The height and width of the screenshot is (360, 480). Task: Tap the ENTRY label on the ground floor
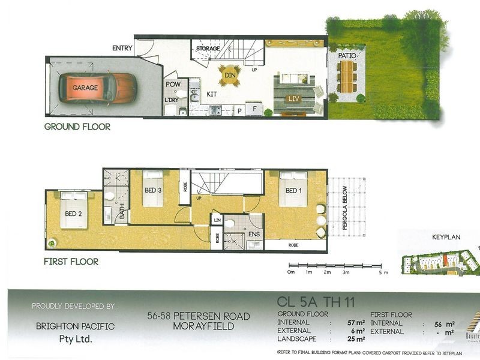point(123,48)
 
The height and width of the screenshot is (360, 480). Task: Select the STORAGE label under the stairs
point(208,48)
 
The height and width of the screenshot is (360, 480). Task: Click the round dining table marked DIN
point(229,76)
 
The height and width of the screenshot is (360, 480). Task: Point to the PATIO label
point(347,55)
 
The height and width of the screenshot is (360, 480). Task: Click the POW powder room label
point(173,85)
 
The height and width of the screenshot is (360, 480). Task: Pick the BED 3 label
point(154,190)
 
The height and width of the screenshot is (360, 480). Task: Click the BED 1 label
point(294,191)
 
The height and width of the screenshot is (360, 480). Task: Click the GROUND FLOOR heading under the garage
point(77,127)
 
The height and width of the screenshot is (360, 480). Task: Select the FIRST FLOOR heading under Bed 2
point(71,262)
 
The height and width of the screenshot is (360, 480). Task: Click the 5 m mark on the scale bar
point(381,272)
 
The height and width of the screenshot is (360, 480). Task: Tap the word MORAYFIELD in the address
point(199,325)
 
